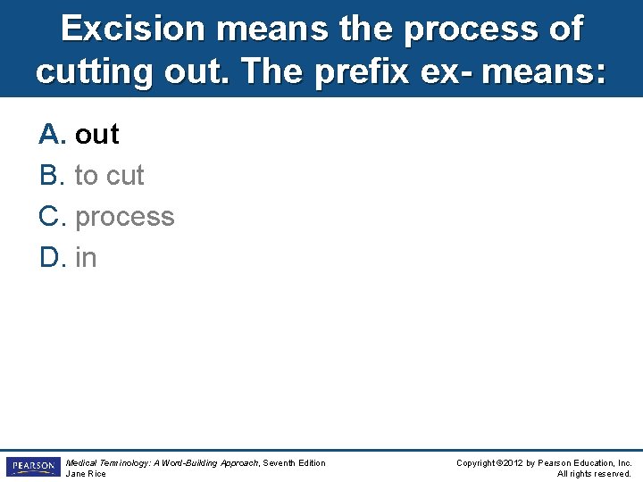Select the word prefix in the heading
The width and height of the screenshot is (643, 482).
click(x=389, y=71)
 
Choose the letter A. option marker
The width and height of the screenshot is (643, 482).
click(x=53, y=135)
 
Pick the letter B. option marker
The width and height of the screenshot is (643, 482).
click(x=53, y=176)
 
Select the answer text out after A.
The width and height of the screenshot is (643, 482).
click(x=96, y=135)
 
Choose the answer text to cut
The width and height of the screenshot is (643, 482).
click(x=109, y=176)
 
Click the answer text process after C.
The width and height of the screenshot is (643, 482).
click(x=125, y=217)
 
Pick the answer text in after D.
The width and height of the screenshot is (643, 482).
click(x=86, y=258)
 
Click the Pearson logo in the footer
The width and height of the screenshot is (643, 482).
click(x=32, y=467)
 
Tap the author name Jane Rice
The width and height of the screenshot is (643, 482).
click(x=86, y=474)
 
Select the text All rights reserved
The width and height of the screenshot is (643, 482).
click(x=594, y=474)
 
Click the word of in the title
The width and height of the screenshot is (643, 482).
click(x=564, y=29)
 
